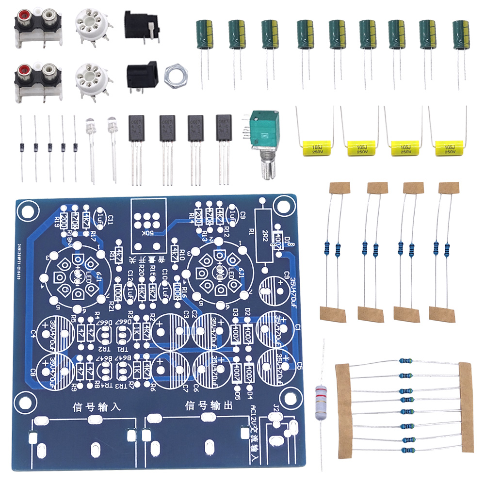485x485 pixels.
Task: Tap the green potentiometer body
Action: pyautogui.click(x=262, y=128)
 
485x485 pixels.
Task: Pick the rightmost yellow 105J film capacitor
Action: pyautogui.click(x=449, y=148)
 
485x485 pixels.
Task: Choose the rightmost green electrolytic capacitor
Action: pyautogui.click(x=461, y=34)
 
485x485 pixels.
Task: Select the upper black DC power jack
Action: pyautogui.click(x=141, y=25)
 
